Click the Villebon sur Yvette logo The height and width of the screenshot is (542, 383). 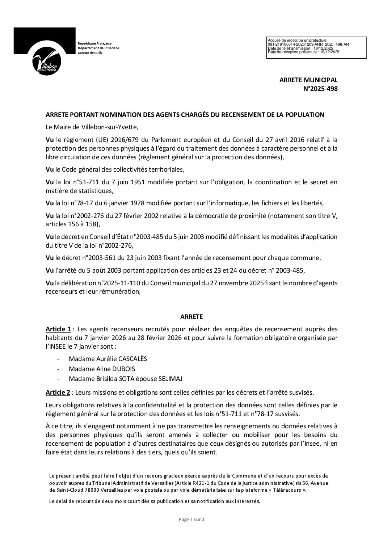45,51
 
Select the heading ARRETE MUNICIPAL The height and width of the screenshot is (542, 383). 308,80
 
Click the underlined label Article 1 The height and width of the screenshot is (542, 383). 58,329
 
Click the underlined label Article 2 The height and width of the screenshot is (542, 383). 58,392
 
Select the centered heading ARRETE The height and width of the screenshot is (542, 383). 191,316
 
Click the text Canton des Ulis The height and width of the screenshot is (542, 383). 90,53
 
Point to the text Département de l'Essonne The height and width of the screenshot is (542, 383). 98,48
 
